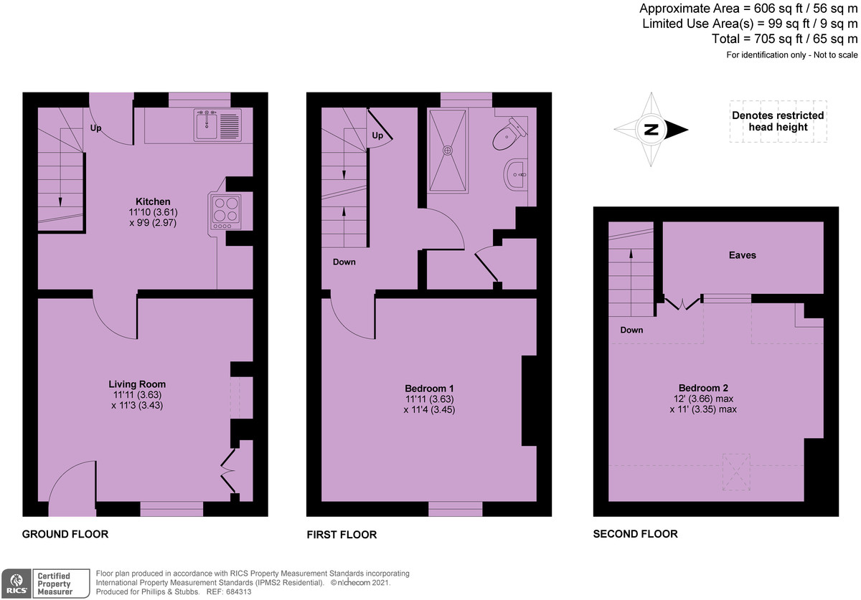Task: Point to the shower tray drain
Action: point(448,151)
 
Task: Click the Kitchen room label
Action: point(153,201)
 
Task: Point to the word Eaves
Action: point(742,255)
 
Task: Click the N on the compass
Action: point(651,130)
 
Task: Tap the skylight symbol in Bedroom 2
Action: point(735,472)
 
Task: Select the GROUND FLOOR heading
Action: point(65,534)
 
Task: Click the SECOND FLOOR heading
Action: point(635,534)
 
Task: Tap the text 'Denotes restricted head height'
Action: point(778,121)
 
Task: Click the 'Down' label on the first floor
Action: point(344,262)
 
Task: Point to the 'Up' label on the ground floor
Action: point(96,128)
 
